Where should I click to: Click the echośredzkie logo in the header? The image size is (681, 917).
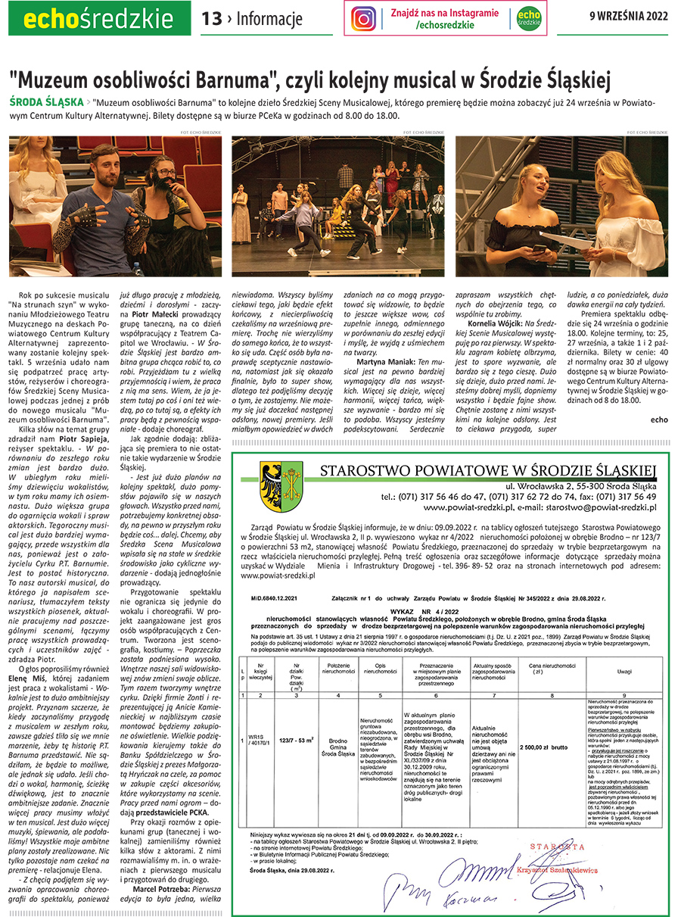pyautogui.click(x=95, y=19)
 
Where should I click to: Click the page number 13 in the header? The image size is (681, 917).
pyautogui.click(x=211, y=18)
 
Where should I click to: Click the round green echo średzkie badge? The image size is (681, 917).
pyautogui.click(x=528, y=18)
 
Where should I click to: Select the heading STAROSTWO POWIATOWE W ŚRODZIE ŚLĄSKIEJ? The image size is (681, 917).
pyautogui.click(x=488, y=469)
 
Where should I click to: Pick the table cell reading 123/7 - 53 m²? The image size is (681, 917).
pyautogui.click(x=297, y=725)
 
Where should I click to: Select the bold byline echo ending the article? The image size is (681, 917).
pyautogui.click(x=659, y=419)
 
